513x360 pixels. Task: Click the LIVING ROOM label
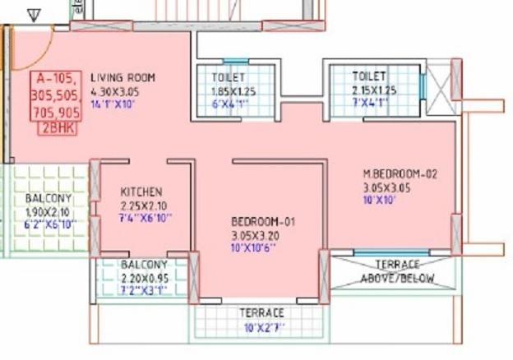click(122, 78)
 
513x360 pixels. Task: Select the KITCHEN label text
click(141, 192)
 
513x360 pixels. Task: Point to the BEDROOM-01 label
click(262, 222)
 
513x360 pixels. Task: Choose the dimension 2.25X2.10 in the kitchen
click(143, 205)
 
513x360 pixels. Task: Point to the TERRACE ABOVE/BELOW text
click(396, 271)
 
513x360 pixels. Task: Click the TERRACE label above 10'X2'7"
click(261, 313)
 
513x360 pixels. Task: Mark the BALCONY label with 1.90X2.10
click(47, 199)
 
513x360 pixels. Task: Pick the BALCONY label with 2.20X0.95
click(144, 265)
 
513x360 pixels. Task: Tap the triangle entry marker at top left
click(34, 15)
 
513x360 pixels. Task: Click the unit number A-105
click(55, 80)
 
